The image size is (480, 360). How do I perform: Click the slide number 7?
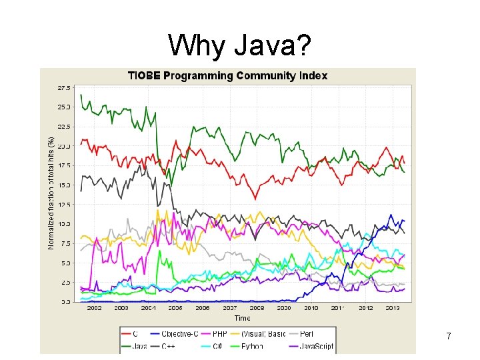click(449, 337)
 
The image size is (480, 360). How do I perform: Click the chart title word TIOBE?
click(145, 75)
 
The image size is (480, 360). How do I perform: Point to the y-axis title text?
click(51, 193)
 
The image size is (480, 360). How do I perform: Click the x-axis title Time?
click(242, 318)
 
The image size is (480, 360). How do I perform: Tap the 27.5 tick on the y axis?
click(64, 87)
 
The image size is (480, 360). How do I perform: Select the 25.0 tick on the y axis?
click(64, 107)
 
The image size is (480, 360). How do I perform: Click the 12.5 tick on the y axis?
click(64, 204)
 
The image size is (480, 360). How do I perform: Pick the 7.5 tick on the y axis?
click(65, 243)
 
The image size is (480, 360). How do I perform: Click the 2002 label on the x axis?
click(95, 308)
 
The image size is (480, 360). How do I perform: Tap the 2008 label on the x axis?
click(257, 308)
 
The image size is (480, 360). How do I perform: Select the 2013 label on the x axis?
click(393, 308)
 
